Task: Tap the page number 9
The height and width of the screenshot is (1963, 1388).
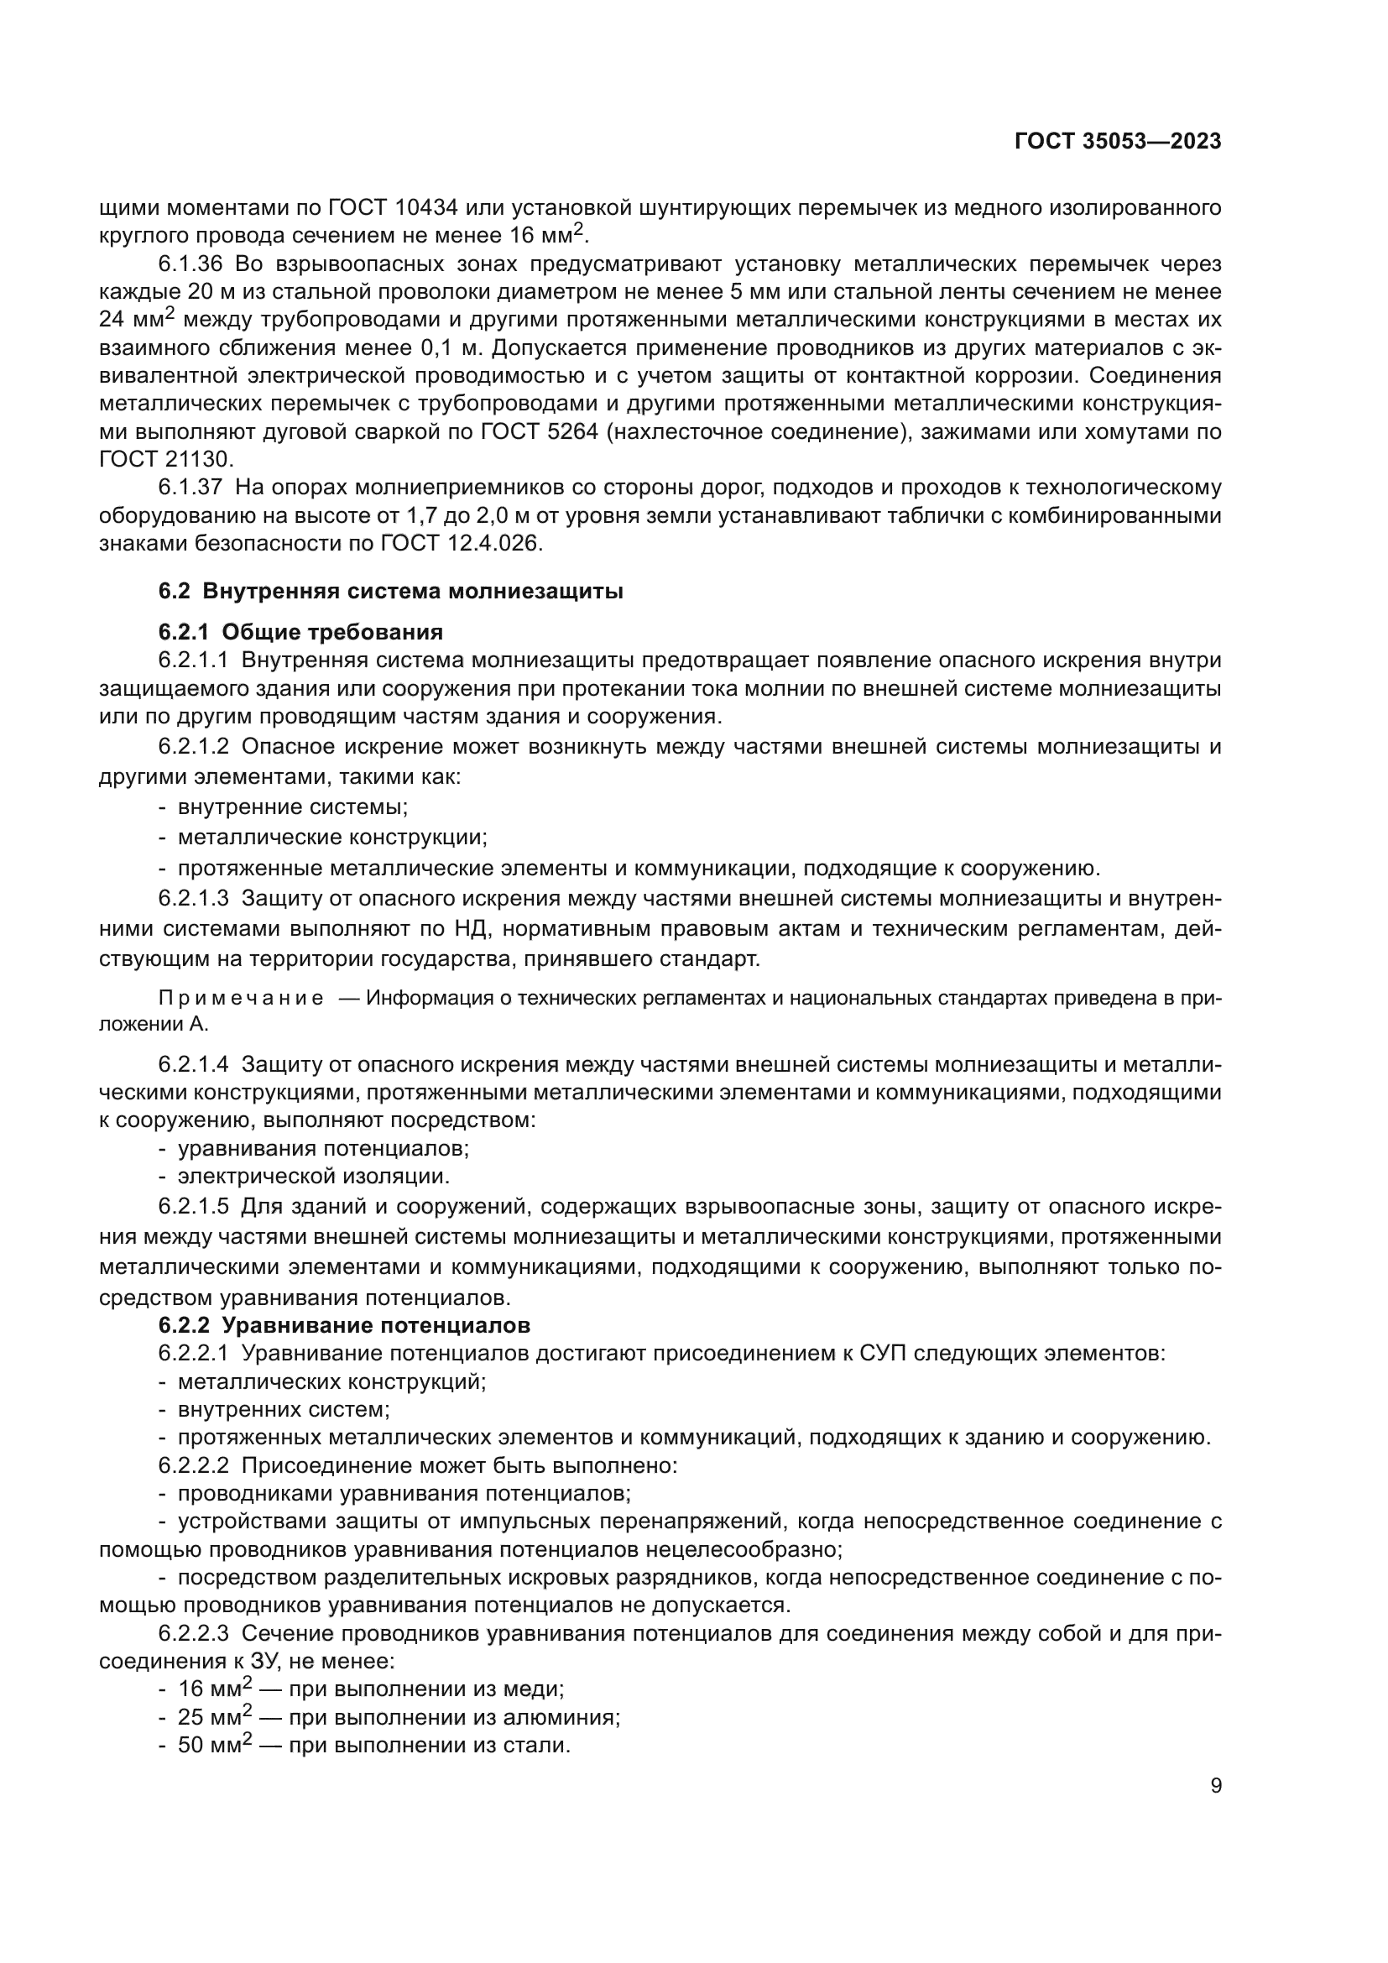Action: point(1216,1785)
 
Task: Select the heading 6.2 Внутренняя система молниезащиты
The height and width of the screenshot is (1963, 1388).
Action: point(390,591)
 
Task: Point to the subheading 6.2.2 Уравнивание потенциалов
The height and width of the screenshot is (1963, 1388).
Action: point(343,1325)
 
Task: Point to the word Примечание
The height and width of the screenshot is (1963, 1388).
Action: point(241,999)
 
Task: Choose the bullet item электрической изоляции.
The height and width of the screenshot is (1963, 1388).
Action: point(313,1177)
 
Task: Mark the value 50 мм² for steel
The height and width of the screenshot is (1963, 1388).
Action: point(215,1745)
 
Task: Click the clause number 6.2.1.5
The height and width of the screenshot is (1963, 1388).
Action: point(194,1206)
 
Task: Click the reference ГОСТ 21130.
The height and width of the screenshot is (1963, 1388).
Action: point(165,459)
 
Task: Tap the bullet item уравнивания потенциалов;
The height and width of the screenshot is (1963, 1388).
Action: point(323,1148)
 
